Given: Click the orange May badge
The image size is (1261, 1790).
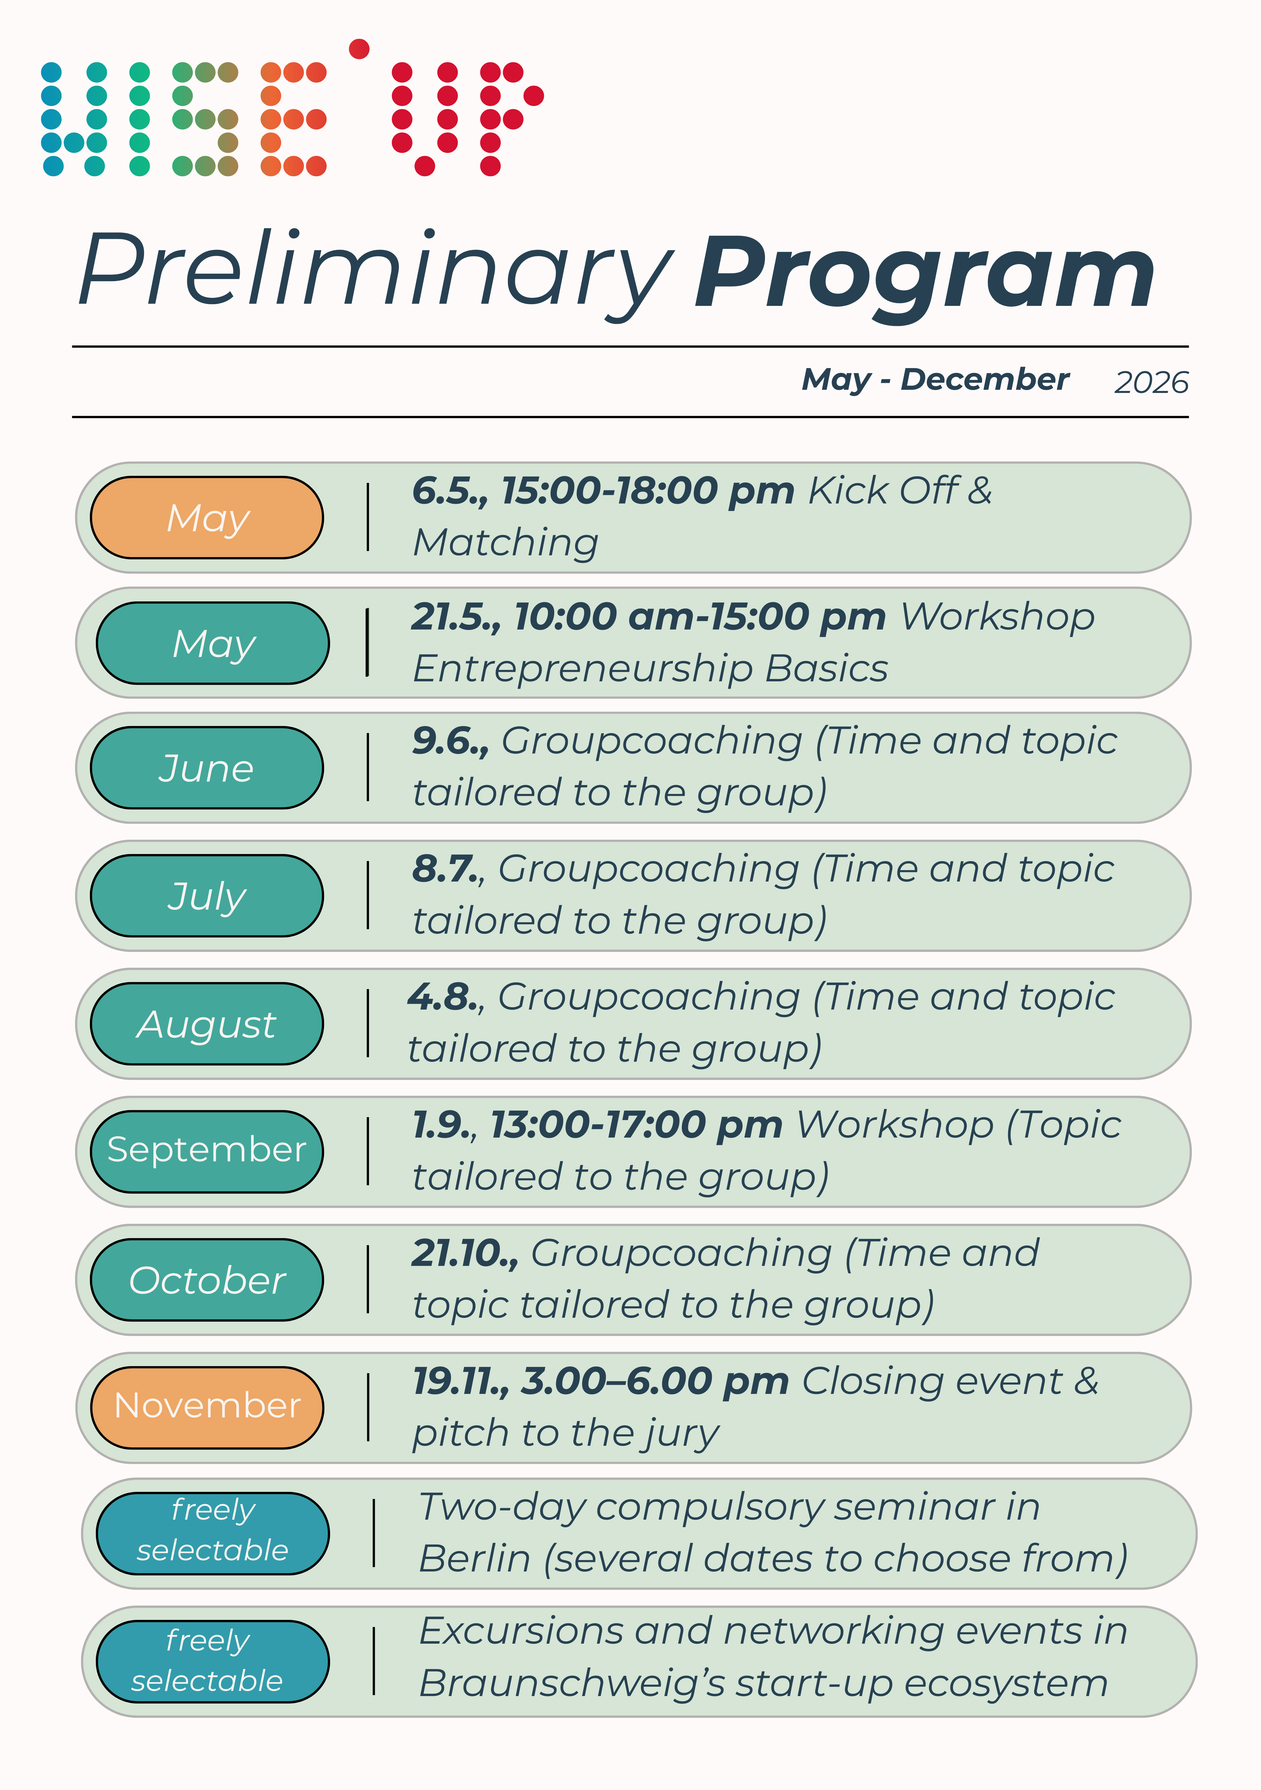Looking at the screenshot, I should [x=206, y=518].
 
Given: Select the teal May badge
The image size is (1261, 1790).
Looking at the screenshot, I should [x=213, y=643].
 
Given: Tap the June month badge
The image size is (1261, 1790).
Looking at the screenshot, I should [x=206, y=768].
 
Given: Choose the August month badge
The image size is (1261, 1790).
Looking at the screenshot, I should [x=206, y=1024].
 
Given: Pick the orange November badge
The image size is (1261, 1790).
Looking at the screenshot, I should [x=206, y=1407].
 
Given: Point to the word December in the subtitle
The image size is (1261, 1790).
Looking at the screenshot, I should [x=984, y=380].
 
